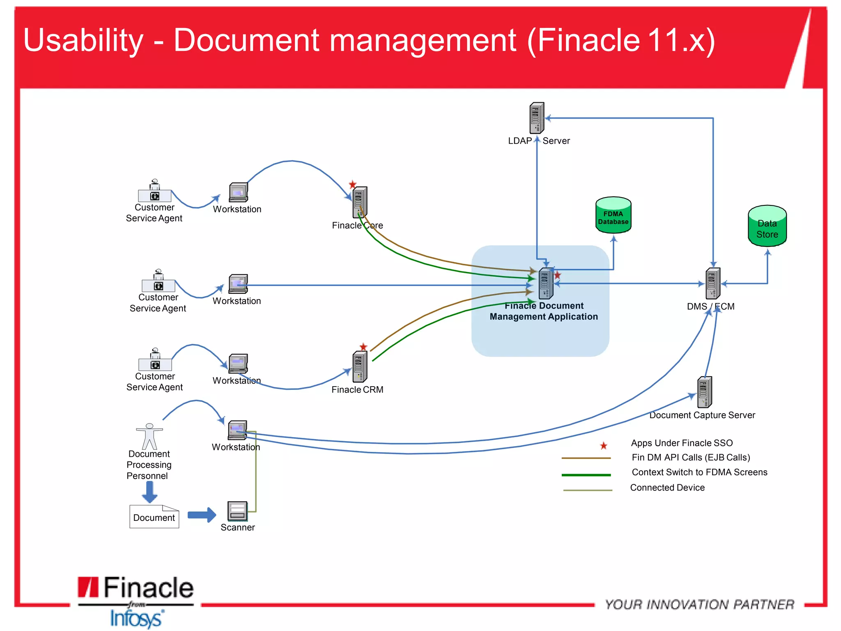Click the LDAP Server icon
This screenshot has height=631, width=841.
pyautogui.click(x=536, y=118)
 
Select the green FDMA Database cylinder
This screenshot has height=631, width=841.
pyautogui.click(x=613, y=215)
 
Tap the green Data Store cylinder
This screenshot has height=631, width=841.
pyautogui.click(x=767, y=226)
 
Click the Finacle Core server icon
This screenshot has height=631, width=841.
pyautogui.click(x=360, y=202)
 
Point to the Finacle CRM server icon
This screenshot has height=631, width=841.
pyautogui.click(x=360, y=366)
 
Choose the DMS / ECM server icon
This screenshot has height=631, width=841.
pyautogui.click(x=712, y=283)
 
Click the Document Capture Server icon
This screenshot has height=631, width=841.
pyautogui.click(x=704, y=392)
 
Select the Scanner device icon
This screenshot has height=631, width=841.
pyautogui.click(x=237, y=511)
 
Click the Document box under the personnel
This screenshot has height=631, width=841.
pyautogui.click(x=154, y=517)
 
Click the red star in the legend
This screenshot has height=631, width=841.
pyautogui.click(x=603, y=445)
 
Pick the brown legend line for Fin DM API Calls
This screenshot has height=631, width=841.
pyautogui.click(x=586, y=458)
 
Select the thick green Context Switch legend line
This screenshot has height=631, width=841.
pyautogui.click(x=586, y=475)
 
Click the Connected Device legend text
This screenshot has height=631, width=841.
pyautogui.click(x=667, y=488)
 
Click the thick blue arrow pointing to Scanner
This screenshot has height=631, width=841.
pyautogui.click(x=202, y=515)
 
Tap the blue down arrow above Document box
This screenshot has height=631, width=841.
pyautogui.click(x=149, y=492)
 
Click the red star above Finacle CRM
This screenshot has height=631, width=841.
pyautogui.click(x=363, y=347)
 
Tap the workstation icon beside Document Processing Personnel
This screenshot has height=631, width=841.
pyautogui.click(x=237, y=430)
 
